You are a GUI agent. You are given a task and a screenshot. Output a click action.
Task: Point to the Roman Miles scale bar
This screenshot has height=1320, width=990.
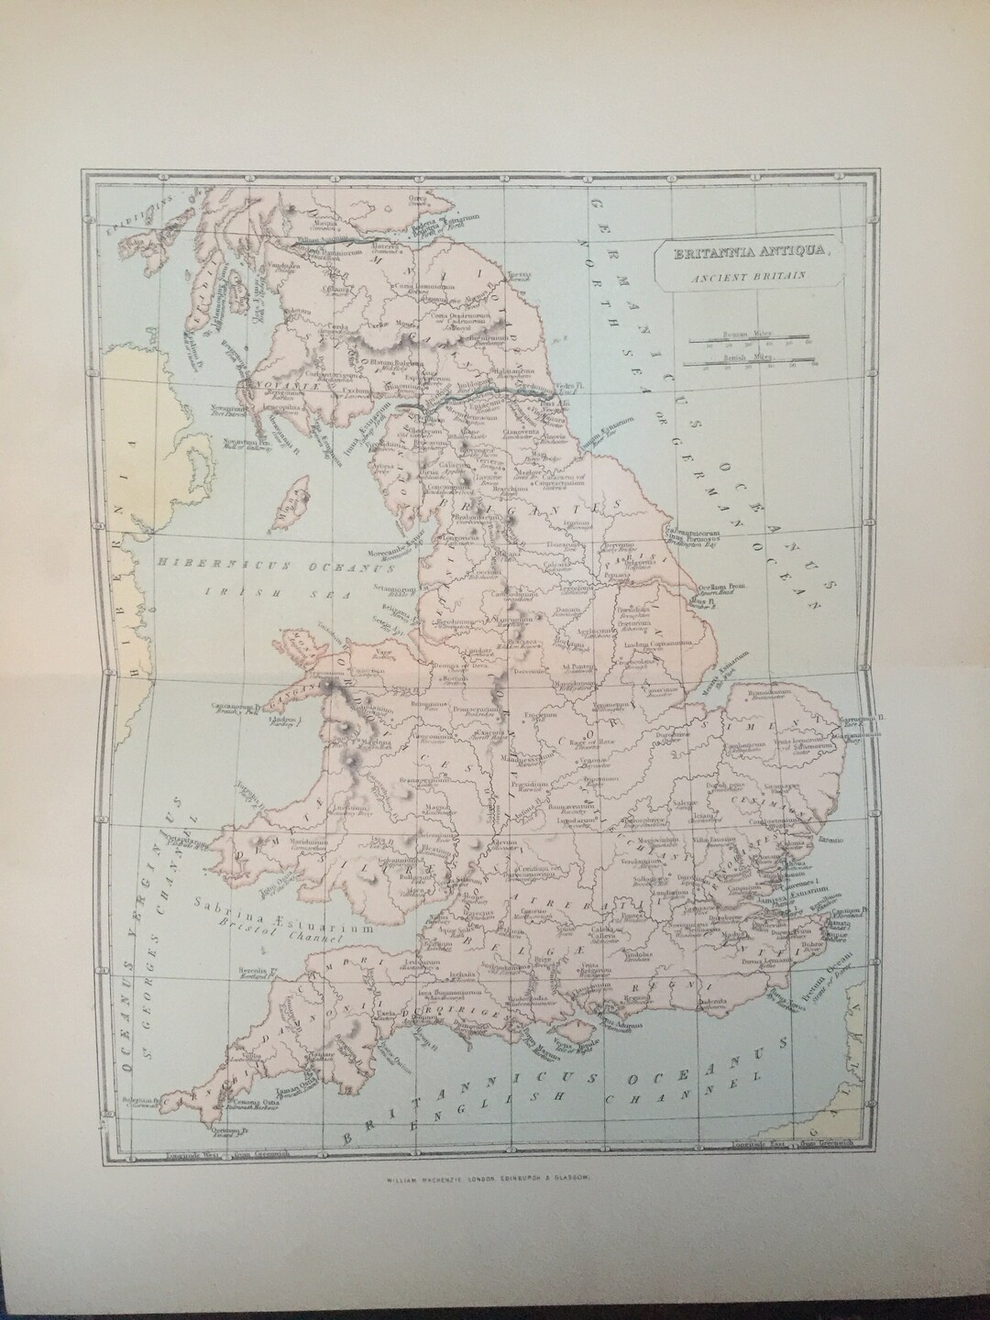749,339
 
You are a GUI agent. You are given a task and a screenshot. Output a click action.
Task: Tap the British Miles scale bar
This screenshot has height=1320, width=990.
749,362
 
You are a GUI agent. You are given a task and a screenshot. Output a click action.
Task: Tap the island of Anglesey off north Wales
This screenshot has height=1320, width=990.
306,648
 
